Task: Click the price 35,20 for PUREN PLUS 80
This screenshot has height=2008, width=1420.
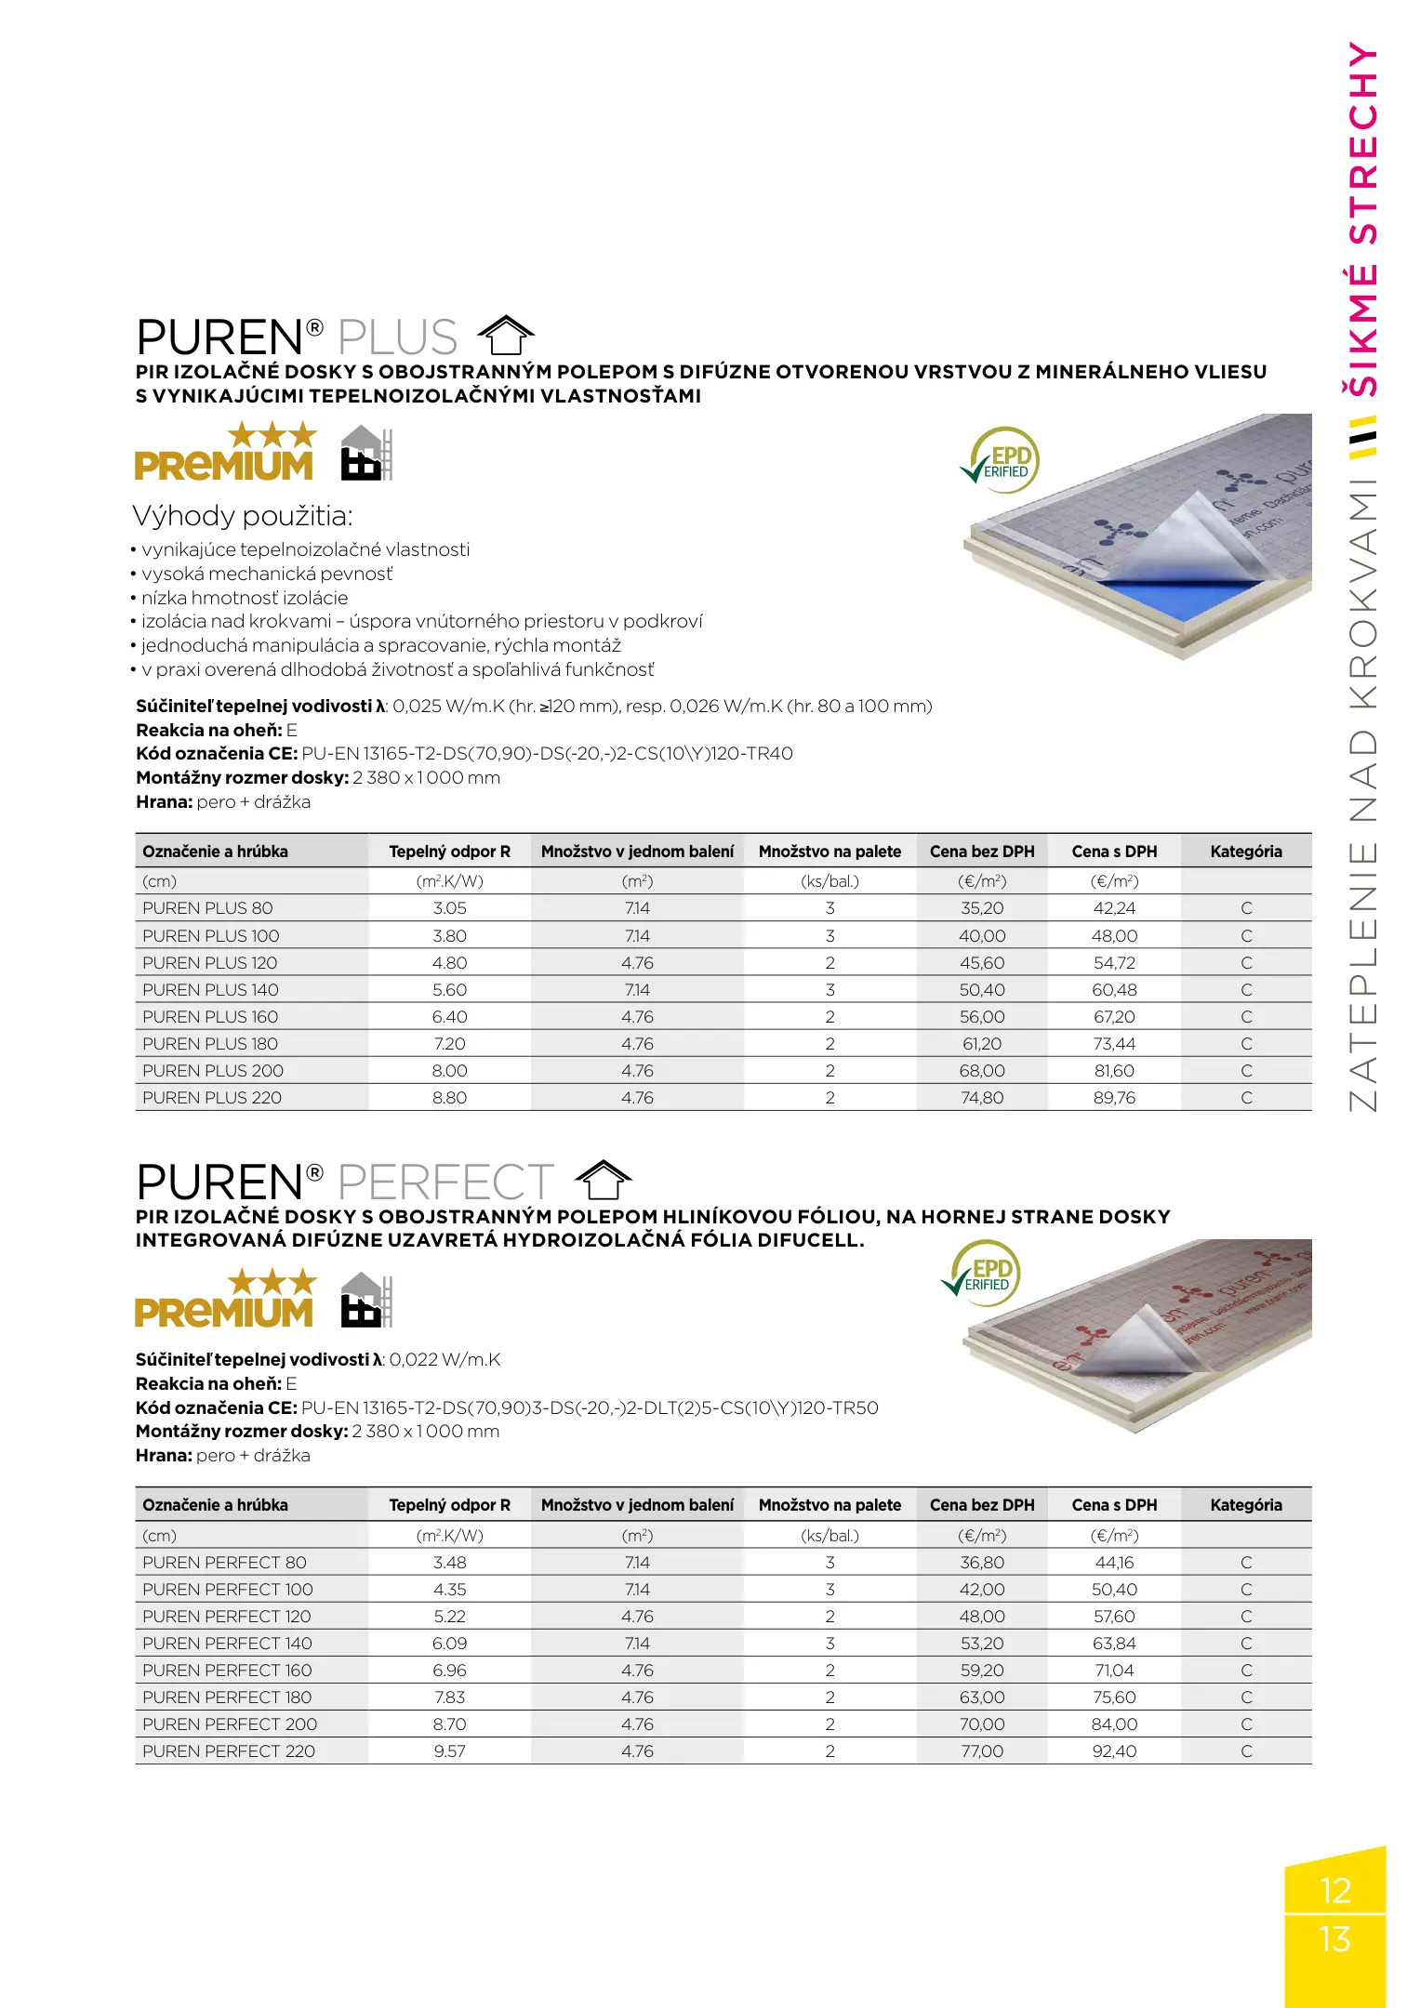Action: pyautogui.click(x=982, y=908)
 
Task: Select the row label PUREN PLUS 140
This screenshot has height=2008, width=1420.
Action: pyautogui.click(x=210, y=990)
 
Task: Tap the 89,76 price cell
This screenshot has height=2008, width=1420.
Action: pyautogui.click(x=1114, y=1098)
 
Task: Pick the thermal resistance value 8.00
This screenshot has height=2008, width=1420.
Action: pyautogui.click(x=449, y=1071)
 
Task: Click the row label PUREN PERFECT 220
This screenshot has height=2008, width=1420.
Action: pyautogui.click(x=229, y=1751)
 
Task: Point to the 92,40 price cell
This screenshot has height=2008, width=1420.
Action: pyautogui.click(x=1114, y=1751)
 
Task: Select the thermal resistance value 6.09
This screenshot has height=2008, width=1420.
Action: pyautogui.click(x=449, y=1644)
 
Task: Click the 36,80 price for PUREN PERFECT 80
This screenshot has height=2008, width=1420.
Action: pyautogui.click(x=982, y=1563)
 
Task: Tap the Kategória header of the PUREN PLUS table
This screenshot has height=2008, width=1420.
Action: pyautogui.click(x=1245, y=852)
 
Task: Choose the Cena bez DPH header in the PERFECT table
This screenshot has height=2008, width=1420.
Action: pyautogui.click(x=982, y=1505)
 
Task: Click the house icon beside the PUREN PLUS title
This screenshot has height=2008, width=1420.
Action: pyautogui.click(x=506, y=336)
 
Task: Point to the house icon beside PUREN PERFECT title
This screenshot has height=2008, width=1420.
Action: pyautogui.click(x=604, y=1181)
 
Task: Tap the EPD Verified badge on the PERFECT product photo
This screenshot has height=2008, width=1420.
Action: pyautogui.click(x=983, y=1272)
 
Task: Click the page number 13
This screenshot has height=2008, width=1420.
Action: pyautogui.click(x=1334, y=1938)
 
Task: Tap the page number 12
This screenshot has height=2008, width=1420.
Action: pyautogui.click(x=1334, y=1890)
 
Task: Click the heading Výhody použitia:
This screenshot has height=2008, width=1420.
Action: pyautogui.click(x=243, y=516)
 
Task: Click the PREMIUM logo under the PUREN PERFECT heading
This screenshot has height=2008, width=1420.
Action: pyautogui.click(x=225, y=1301)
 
